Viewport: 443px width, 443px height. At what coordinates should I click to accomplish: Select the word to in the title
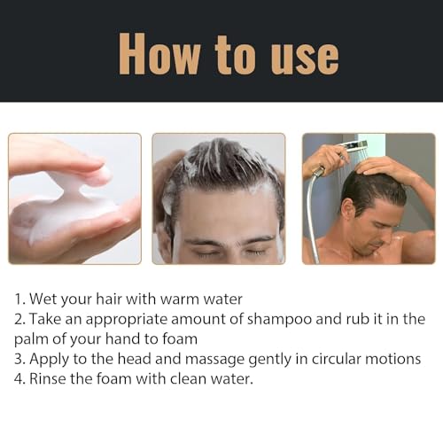click(235, 55)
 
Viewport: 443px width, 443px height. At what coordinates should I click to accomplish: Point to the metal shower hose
click(311, 213)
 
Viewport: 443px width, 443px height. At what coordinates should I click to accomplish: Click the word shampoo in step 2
click(279, 320)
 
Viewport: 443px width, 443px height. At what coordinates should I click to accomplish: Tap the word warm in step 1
click(180, 299)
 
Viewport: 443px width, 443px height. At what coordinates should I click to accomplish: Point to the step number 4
click(19, 379)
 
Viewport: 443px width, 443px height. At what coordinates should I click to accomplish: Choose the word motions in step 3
click(392, 359)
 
